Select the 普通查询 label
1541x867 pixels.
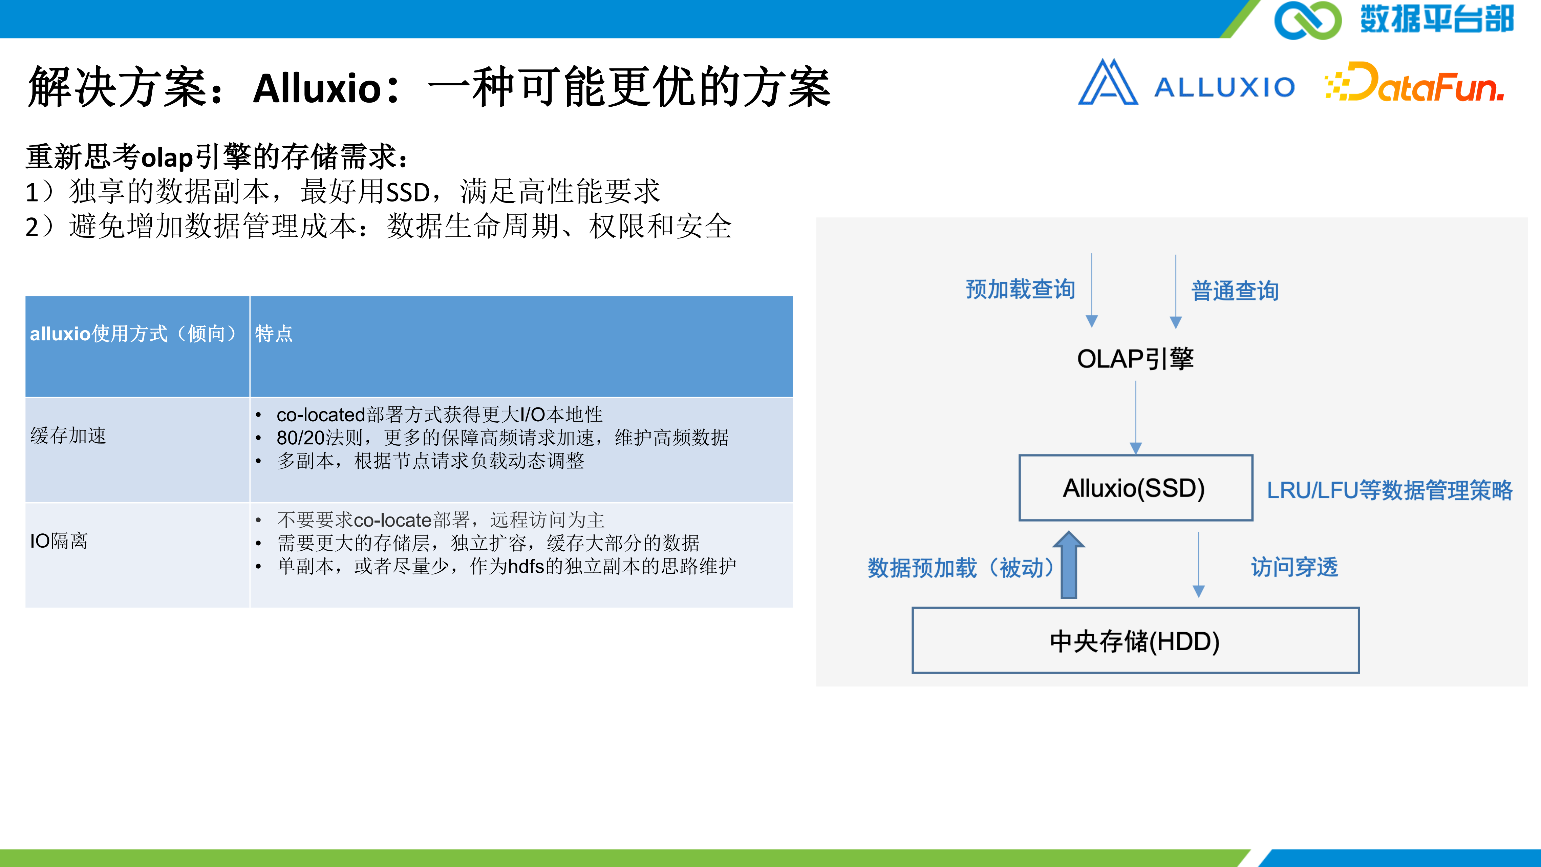(1235, 291)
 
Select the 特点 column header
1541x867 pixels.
(521, 346)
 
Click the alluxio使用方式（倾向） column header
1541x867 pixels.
(137, 346)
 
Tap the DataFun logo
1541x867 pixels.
(1414, 83)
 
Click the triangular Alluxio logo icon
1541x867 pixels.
(1108, 82)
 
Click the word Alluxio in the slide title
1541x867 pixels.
(317, 88)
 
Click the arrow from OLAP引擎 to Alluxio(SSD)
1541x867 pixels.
(1135, 417)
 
